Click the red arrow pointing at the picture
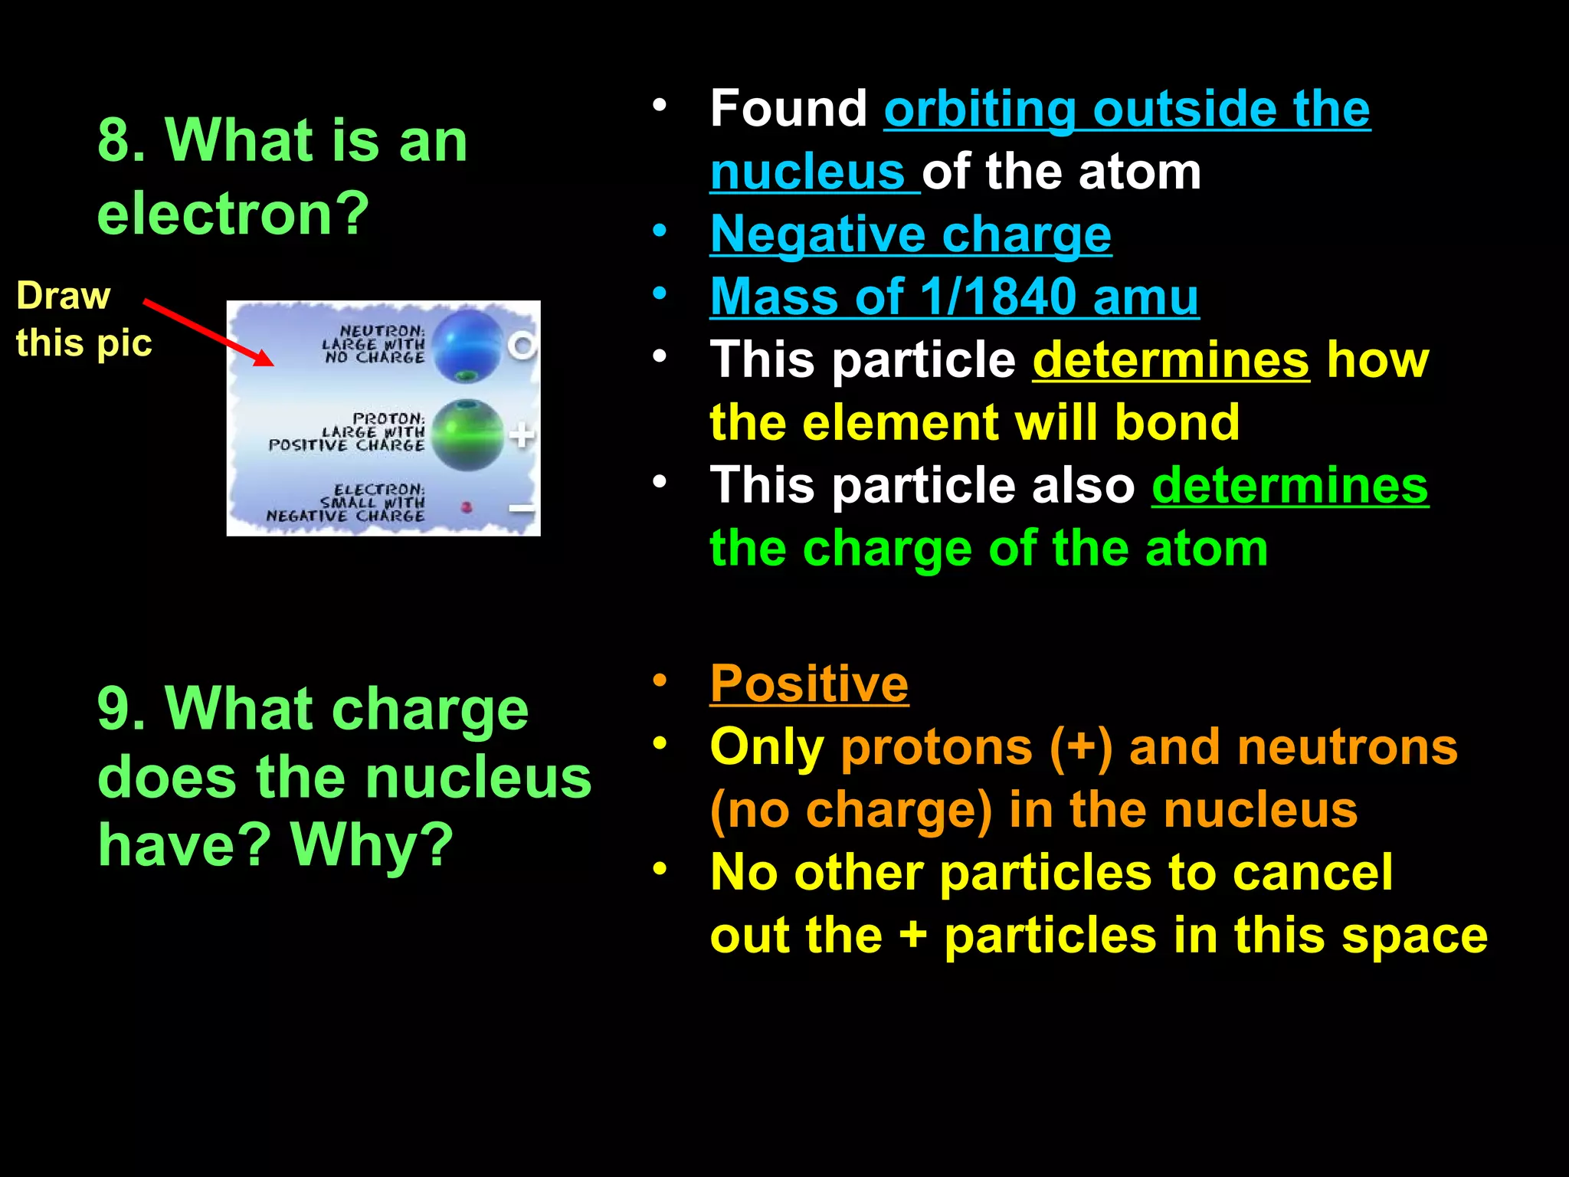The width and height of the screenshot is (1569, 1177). tap(208, 333)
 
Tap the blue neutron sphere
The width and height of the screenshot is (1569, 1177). tap(468, 346)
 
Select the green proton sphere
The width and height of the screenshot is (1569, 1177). tap(467, 434)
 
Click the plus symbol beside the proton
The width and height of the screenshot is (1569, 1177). tap(522, 435)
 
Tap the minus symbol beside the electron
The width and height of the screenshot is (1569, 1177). tap(522, 508)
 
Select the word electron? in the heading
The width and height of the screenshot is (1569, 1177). tap(234, 213)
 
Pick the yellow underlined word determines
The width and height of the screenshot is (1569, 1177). tap(1171, 359)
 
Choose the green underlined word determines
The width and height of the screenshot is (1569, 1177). tap(1290, 485)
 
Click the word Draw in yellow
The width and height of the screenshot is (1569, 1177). tap(64, 296)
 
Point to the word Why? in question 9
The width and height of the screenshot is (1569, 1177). tap(372, 844)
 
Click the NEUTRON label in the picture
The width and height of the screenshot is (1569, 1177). tap(381, 331)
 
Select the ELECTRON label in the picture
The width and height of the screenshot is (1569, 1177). tap(378, 489)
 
